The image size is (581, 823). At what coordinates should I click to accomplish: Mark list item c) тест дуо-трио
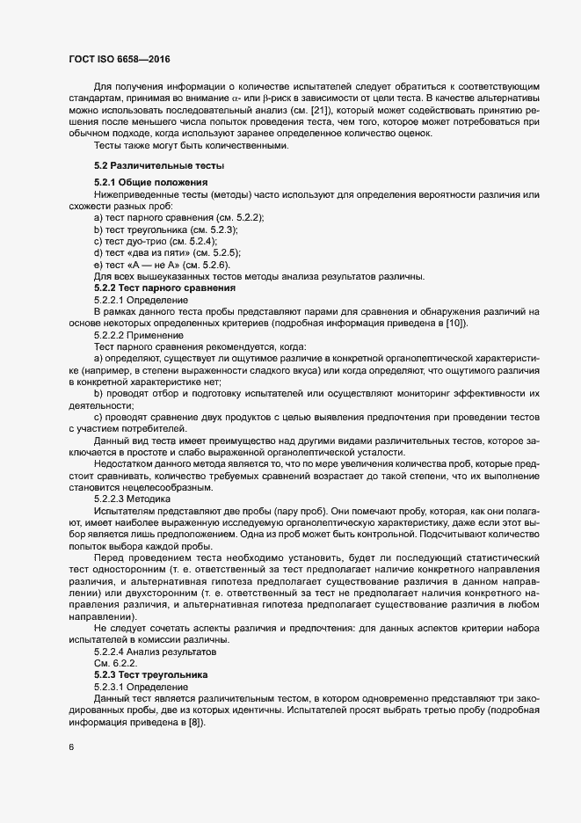click(156, 240)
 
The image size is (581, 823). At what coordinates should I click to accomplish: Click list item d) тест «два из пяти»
click(167, 252)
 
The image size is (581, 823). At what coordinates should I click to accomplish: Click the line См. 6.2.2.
click(113, 661)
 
